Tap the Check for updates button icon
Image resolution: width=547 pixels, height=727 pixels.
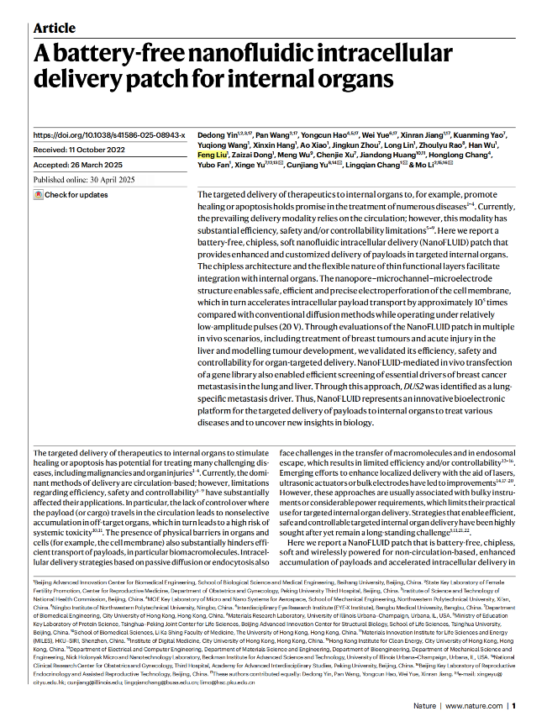point(38,195)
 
